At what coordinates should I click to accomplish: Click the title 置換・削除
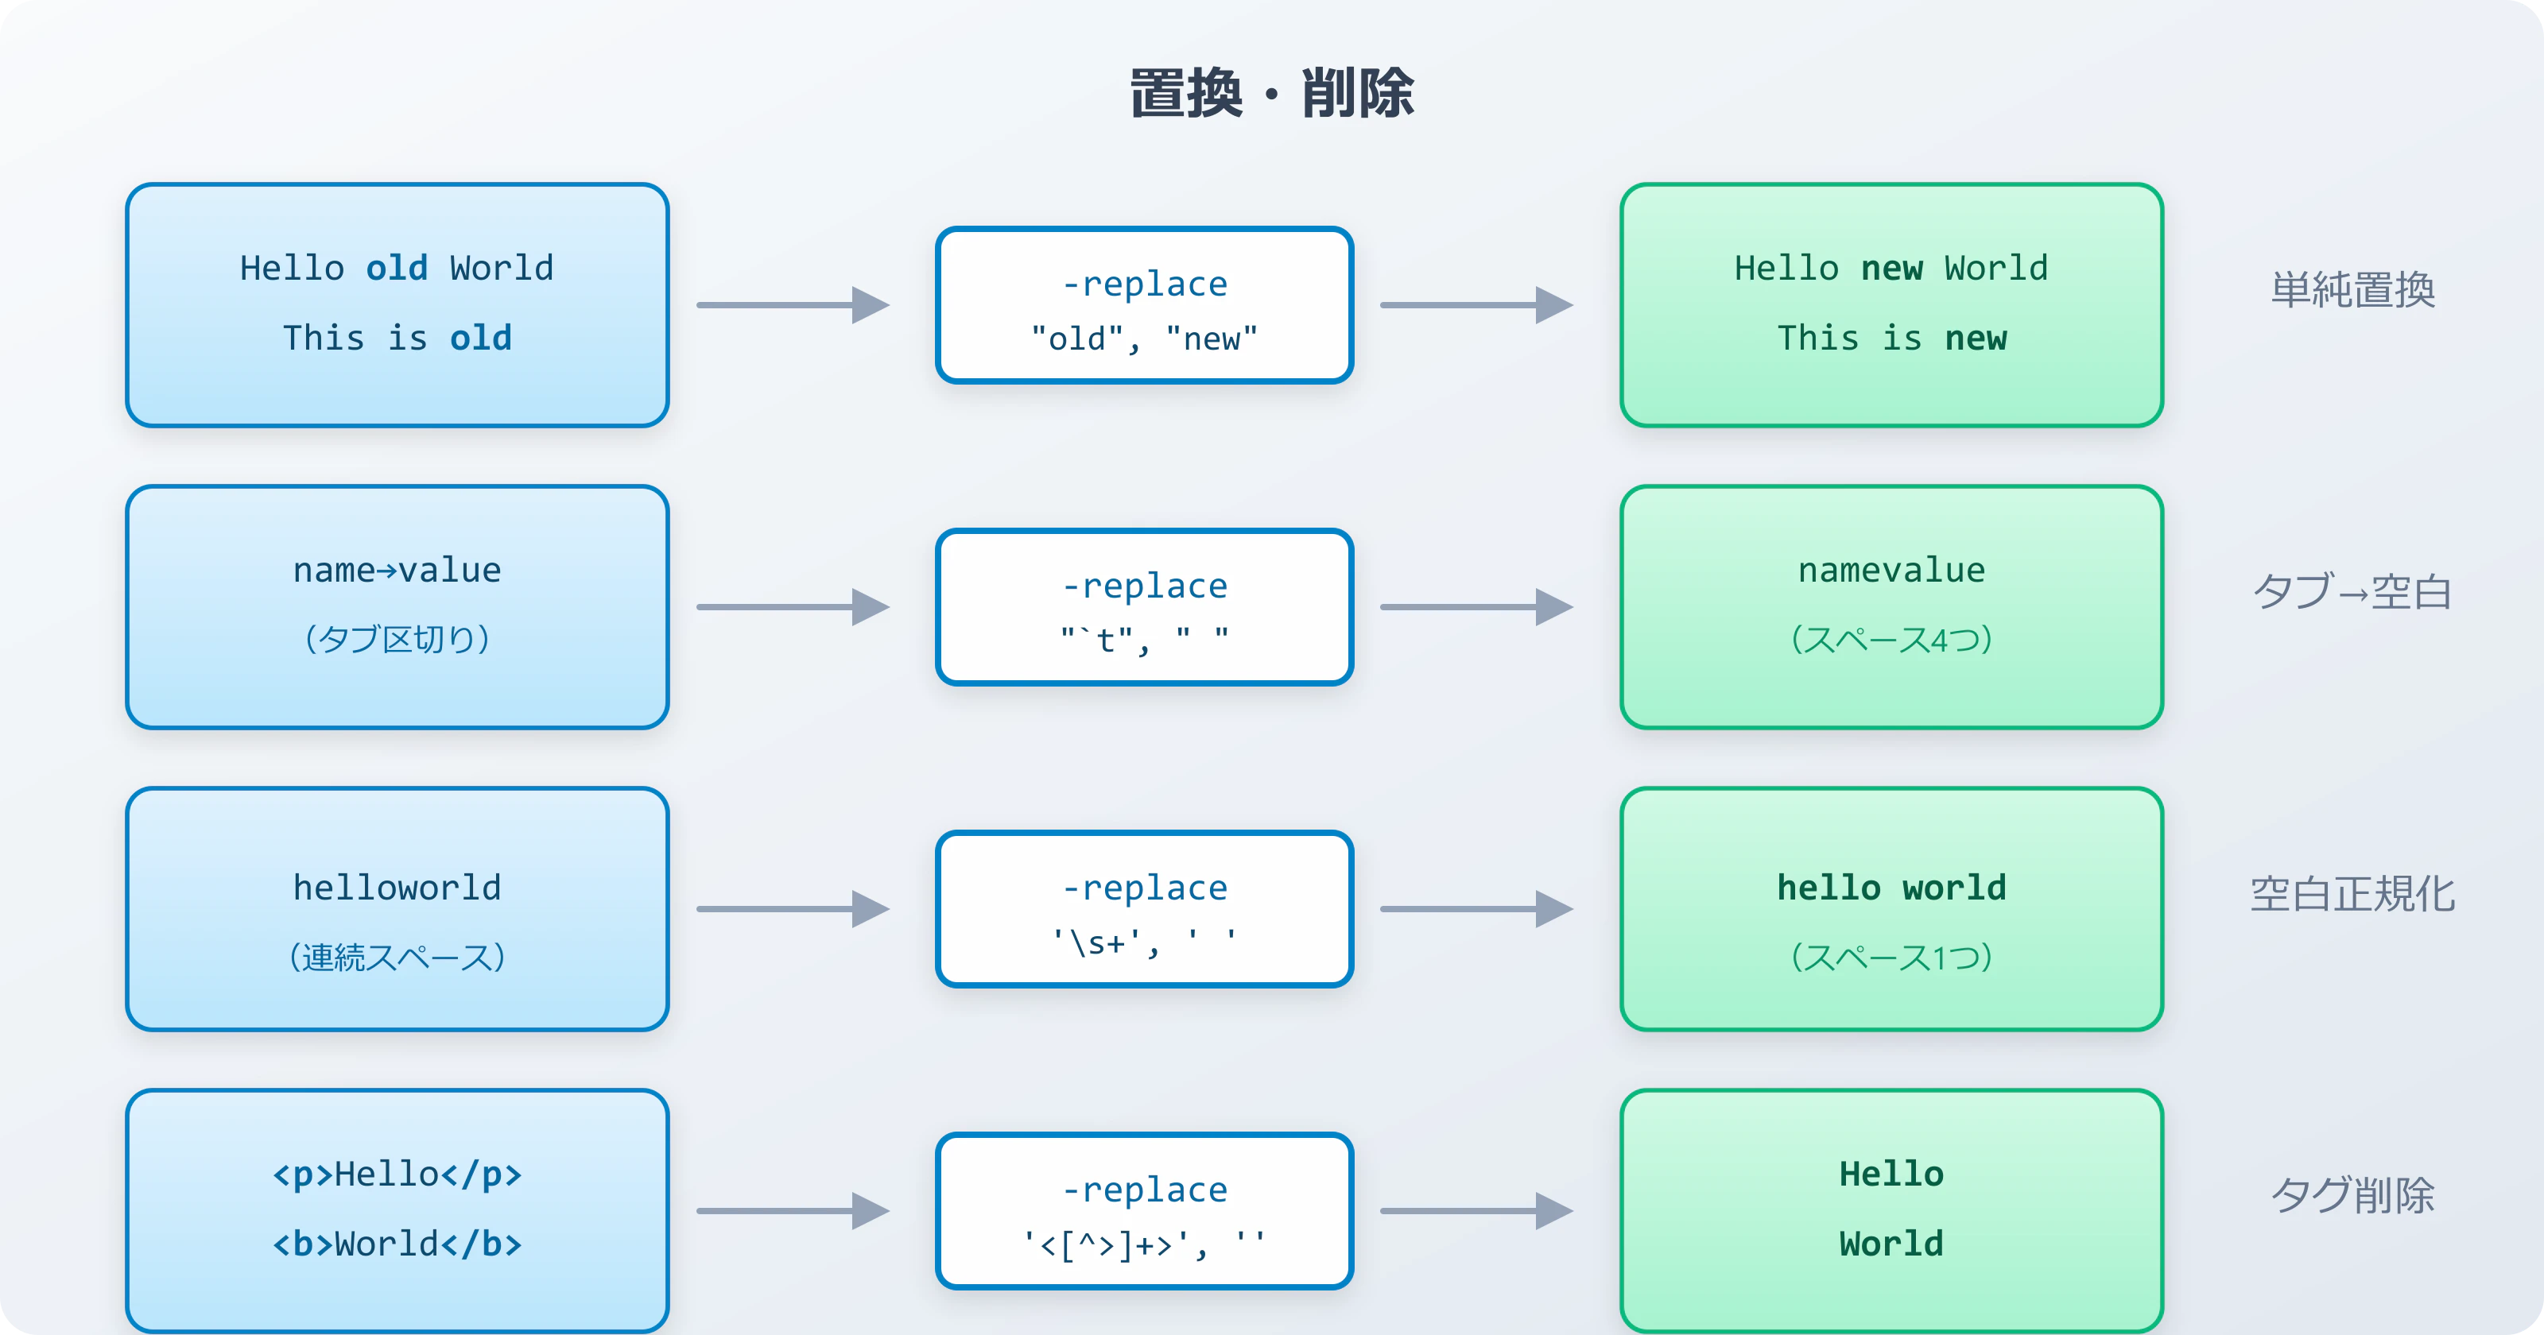[1271, 94]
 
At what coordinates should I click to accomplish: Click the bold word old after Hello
[397, 269]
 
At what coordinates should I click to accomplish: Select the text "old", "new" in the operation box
[1144, 339]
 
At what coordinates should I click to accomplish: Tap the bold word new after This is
[1975, 339]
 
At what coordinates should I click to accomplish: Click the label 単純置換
[2352, 290]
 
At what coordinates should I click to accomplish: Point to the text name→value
[397, 571]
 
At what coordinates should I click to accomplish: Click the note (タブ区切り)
[397, 640]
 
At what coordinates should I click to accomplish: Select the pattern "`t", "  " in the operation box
[1144, 640]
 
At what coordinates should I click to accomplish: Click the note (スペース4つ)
[1891, 640]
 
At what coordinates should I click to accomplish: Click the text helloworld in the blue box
[397, 888]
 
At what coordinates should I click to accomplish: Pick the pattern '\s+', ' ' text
[1144, 943]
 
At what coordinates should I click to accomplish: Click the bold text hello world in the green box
[1891, 888]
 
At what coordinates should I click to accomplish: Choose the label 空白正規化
[2352, 895]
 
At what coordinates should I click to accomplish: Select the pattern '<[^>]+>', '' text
[1144, 1245]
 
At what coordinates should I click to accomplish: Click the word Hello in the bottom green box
[1891, 1174]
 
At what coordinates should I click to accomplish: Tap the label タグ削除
[2352, 1196]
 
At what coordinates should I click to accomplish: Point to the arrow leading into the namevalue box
[1476, 607]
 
